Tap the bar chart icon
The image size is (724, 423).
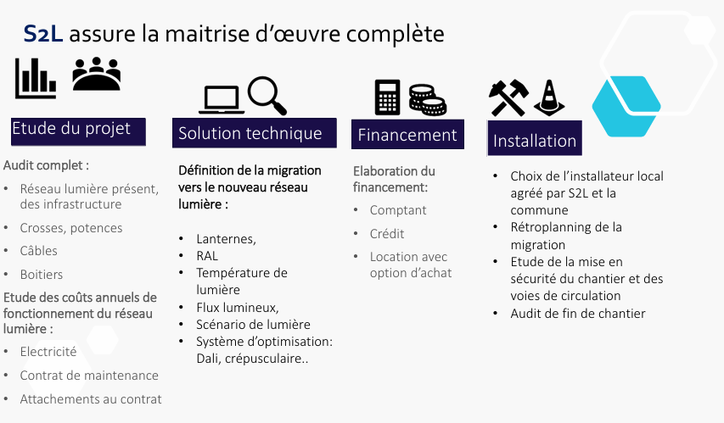click(35, 78)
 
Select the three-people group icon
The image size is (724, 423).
click(97, 75)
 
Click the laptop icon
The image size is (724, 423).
click(222, 100)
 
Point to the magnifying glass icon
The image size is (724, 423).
click(267, 95)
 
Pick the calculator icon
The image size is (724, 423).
click(387, 97)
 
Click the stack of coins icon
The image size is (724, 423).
click(426, 100)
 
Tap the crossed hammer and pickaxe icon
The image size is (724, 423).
click(508, 98)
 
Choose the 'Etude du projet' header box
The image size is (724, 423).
click(77, 130)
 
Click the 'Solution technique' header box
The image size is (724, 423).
click(250, 133)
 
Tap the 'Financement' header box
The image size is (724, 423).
click(407, 135)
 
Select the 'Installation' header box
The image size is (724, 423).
click(535, 141)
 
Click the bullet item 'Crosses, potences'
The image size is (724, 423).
click(71, 228)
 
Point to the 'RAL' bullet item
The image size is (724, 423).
click(208, 255)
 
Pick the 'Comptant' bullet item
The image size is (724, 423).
click(398, 210)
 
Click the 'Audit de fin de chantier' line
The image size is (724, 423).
click(578, 314)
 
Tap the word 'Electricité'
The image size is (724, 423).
click(48, 352)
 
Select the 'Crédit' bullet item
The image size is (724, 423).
click(387, 234)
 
